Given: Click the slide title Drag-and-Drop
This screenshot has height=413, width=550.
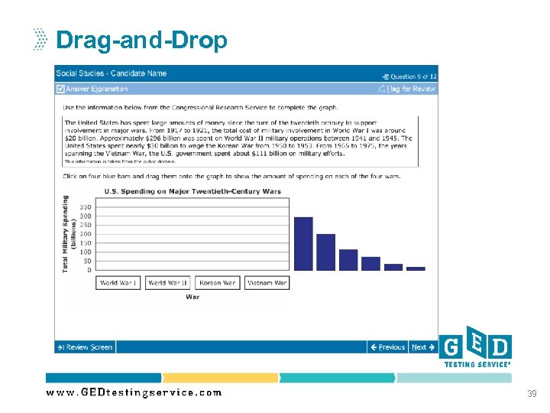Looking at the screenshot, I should pyautogui.click(x=141, y=40).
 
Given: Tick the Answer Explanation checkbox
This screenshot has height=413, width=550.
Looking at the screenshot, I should pyautogui.click(x=60, y=89).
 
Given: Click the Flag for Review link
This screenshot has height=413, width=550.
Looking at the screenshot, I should pyautogui.click(x=410, y=89).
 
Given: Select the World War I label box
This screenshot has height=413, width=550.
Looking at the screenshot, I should pyautogui.click(x=118, y=283).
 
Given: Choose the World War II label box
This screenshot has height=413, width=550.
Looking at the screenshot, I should pyautogui.click(x=167, y=283).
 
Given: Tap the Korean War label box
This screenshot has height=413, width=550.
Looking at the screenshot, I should pyautogui.click(x=217, y=283).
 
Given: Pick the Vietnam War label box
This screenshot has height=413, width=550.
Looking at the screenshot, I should pyautogui.click(x=266, y=283).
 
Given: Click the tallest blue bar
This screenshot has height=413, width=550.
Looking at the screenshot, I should pyautogui.click(x=303, y=243).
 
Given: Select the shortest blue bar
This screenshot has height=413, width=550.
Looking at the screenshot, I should pyautogui.click(x=416, y=268).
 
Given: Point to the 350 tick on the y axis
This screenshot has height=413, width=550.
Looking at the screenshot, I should pyautogui.click(x=85, y=207).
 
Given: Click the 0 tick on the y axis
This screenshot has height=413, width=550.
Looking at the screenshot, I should pyautogui.click(x=89, y=270).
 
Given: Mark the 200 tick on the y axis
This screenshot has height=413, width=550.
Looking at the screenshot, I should pyautogui.click(x=85, y=234).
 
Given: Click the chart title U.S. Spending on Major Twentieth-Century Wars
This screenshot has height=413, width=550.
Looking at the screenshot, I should pyautogui.click(x=192, y=191).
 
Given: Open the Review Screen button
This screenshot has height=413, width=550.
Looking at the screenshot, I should pyautogui.click(x=85, y=347).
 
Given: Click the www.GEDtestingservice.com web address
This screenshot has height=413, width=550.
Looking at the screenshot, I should pyautogui.click(x=134, y=392).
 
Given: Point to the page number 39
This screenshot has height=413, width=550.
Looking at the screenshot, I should pyautogui.click(x=532, y=393).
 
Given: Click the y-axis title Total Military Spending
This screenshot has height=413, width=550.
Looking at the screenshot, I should pyautogui.click(x=66, y=233).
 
